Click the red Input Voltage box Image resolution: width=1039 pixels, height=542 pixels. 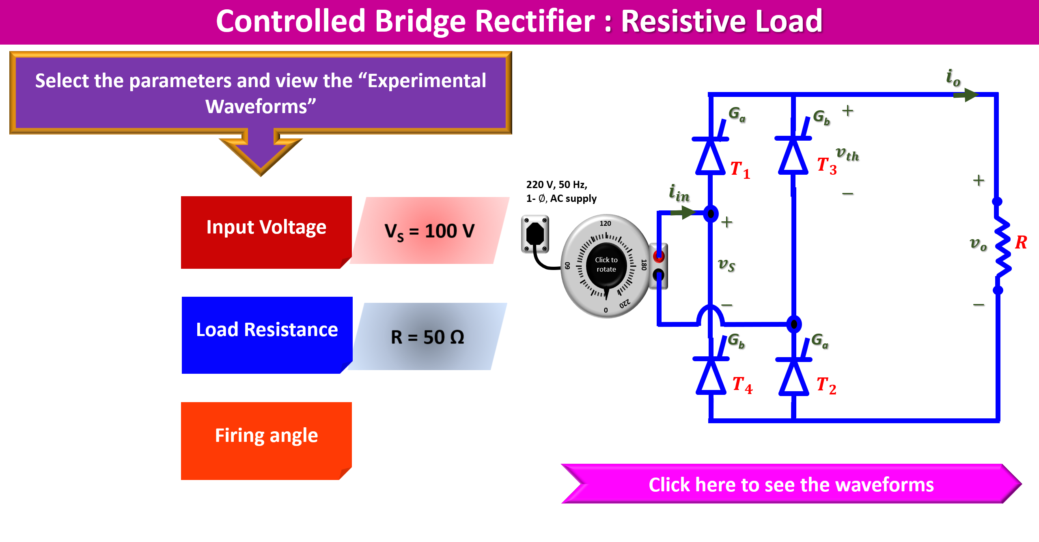click(x=266, y=232)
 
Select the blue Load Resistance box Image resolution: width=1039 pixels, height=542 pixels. click(x=267, y=335)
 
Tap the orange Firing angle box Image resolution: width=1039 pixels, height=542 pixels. click(x=266, y=440)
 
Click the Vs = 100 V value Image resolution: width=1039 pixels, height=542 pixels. click(x=429, y=231)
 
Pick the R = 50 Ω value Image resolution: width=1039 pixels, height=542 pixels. click(x=427, y=337)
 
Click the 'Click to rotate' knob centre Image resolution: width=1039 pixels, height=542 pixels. click(x=606, y=265)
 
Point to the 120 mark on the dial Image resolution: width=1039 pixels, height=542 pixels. click(x=605, y=223)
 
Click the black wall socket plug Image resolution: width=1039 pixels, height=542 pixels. click(x=535, y=234)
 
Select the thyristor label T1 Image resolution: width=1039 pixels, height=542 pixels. click(x=740, y=169)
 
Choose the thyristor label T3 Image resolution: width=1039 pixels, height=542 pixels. click(x=827, y=165)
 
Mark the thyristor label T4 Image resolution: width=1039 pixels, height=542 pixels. click(x=742, y=384)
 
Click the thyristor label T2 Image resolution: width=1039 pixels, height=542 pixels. click(x=826, y=385)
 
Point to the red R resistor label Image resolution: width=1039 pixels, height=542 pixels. click(x=1021, y=242)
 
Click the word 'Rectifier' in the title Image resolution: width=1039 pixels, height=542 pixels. click(x=535, y=21)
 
